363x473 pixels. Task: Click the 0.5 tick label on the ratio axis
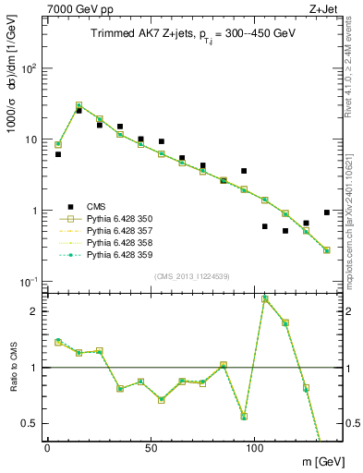[29, 423]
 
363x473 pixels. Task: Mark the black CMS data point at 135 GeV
[326, 212]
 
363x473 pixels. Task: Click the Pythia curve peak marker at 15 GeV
[79, 105]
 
